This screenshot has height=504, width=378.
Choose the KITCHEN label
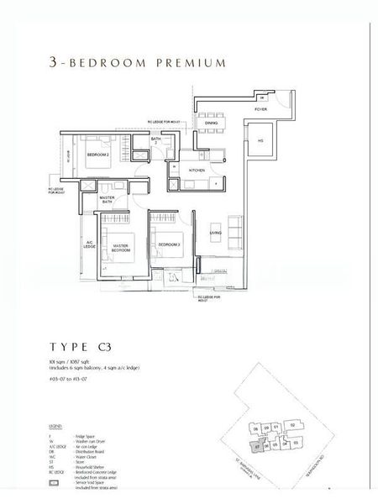pyautogui.click(x=197, y=170)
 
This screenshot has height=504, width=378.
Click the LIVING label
pyautogui.click(x=215, y=233)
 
